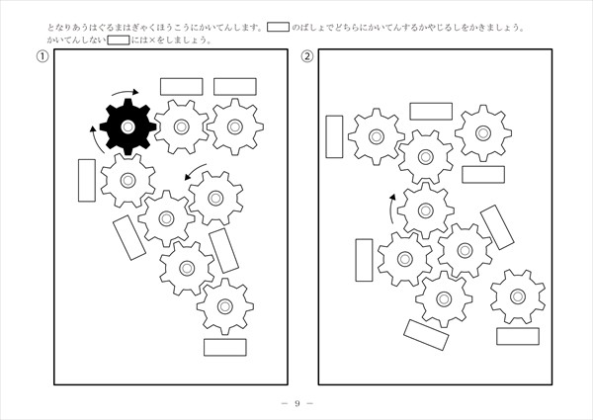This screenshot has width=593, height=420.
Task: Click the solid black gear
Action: point(127,126)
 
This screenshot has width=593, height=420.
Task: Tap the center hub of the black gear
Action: point(127,126)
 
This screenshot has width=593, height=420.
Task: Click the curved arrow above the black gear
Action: point(126,92)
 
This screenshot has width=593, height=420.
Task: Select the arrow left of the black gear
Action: point(97,139)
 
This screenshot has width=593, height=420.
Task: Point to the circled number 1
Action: point(42,56)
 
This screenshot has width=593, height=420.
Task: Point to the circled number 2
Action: point(307,56)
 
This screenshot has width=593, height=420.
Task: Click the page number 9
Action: point(297,403)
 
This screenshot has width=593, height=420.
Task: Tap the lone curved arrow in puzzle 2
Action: point(391,209)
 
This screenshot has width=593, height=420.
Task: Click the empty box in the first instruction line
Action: point(278,28)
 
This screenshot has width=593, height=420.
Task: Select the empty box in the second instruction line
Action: point(119,40)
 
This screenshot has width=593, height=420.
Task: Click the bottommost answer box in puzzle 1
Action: point(225,348)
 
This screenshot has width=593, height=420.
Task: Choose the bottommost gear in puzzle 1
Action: point(225,306)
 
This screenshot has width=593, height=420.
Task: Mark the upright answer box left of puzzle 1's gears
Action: point(87,180)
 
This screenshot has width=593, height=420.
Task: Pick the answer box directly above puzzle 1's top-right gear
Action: point(235,87)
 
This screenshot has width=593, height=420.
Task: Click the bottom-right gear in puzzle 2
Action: point(518,296)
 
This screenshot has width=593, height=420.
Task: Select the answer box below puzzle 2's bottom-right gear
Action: point(518,336)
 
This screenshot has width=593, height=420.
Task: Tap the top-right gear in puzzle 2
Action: point(483,133)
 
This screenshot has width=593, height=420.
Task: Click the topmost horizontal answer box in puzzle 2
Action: point(431,111)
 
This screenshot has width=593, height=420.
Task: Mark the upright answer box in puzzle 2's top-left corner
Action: point(334,136)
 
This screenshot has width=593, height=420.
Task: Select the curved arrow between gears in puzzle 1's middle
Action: point(195,171)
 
